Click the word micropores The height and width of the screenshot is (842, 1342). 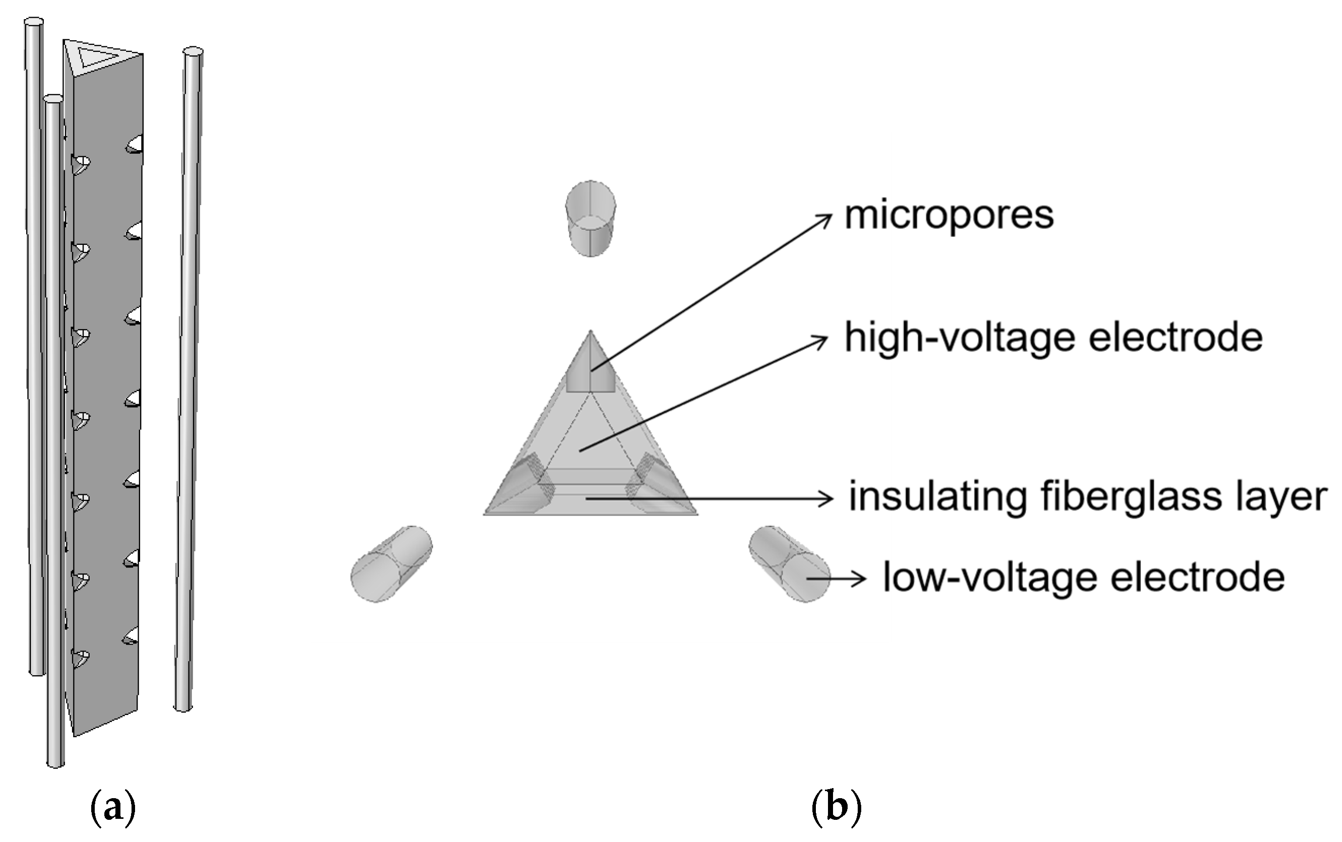[948, 216]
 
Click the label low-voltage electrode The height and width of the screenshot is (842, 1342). [1083, 577]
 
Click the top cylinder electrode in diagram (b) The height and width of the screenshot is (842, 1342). [590, 218]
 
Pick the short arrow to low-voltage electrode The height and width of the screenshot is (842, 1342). [835, 578]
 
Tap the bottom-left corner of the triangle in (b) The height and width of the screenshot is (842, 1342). [486, 513]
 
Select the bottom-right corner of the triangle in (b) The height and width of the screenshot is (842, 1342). [696, 513]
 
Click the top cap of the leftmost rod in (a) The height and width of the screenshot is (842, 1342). [33, 22]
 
